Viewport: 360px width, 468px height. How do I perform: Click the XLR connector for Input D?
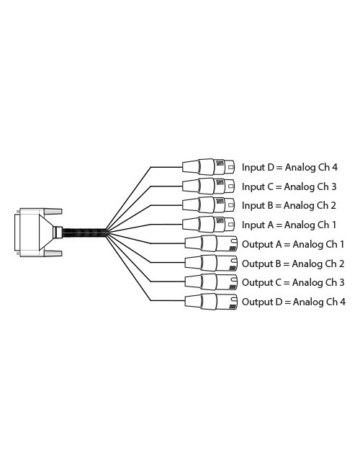click(x=208, y=167)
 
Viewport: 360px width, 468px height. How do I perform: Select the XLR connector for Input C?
click(x=208, y=186)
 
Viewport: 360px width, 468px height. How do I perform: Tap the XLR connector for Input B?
click(x=208, y=205)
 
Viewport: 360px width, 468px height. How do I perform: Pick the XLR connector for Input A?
click(x=208, y=224)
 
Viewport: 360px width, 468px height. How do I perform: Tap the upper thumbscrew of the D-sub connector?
click(x=52, y=210)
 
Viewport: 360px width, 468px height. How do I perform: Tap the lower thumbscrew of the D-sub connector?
click(x=52, y=253)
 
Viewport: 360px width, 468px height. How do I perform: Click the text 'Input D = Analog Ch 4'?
click(x=289, y=168)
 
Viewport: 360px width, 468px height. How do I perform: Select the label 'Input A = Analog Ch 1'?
click(x=289, y=225)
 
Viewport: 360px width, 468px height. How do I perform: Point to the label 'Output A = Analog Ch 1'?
click(x=293, y=244)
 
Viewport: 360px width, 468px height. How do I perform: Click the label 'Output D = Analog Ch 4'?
click(x=293, y=302)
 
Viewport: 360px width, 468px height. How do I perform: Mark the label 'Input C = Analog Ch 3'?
click(x=289, y=186)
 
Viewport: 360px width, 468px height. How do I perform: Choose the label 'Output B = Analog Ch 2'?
click(x=293, y=264)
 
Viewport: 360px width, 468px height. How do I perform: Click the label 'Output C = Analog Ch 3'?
click(x=293, y=282)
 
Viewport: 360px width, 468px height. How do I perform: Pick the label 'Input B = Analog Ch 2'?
click(x=289, y=206)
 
